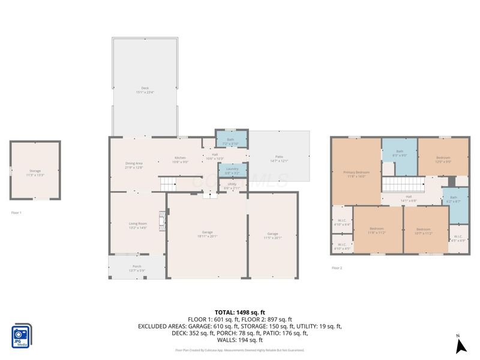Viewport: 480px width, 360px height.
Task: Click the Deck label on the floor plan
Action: pos(145,90)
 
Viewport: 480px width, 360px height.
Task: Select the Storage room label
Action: pos(35,173)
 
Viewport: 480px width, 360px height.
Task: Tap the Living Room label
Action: pos(137,226)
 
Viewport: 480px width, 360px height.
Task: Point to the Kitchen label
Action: pos(181,160)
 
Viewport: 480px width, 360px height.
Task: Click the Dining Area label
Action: pos(134,165)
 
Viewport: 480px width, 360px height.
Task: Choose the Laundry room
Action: pos(232,170)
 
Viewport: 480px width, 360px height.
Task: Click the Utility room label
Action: pos(232,185)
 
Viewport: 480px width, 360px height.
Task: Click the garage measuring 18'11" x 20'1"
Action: pos(206,234)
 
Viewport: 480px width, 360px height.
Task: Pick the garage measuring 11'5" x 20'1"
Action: pos(272,235)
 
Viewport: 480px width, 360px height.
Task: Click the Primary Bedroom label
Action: pos(356,174)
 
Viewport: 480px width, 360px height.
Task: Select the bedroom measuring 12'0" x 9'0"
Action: pos(443,159)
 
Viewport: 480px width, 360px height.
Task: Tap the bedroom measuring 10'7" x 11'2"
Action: pos(424,230)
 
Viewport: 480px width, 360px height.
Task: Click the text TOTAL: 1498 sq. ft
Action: pos(239,313)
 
